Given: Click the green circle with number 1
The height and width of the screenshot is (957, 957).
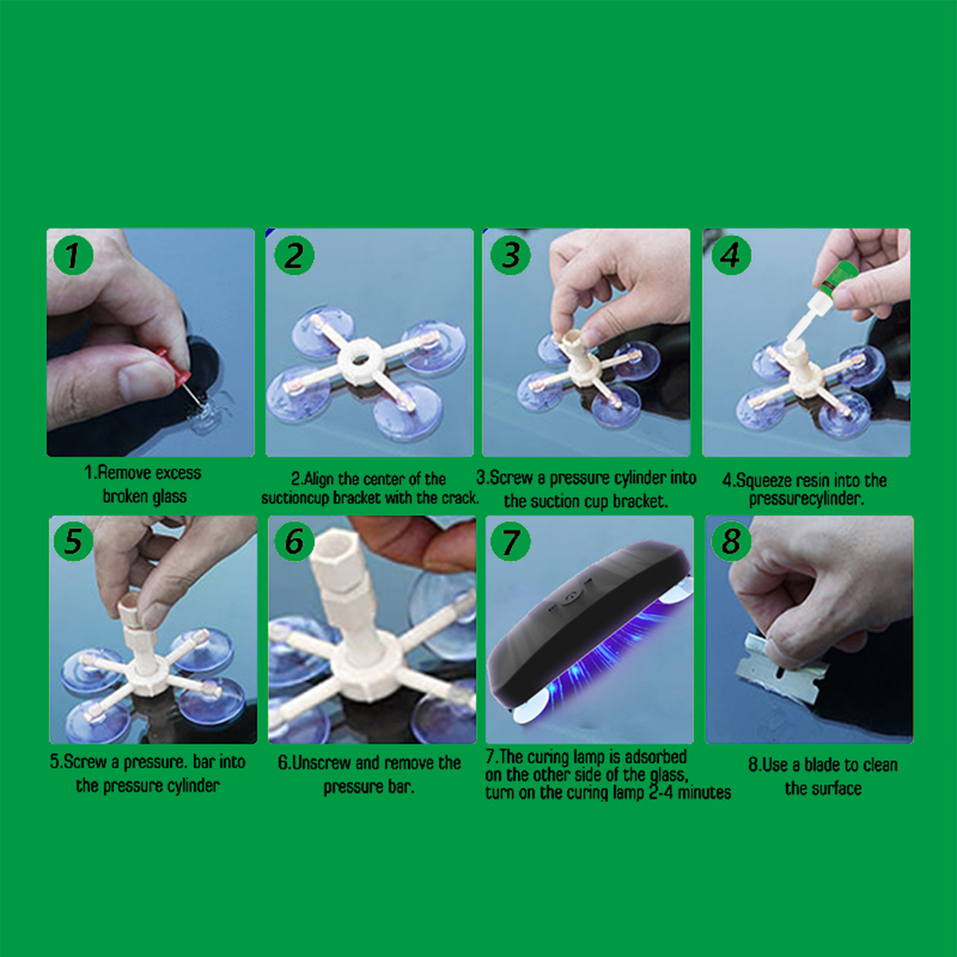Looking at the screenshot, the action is tap(73, 255).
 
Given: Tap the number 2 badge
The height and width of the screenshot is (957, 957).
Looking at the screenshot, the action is tap(294, 255).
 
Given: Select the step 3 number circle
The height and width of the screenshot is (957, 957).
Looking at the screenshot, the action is tap(510, 255).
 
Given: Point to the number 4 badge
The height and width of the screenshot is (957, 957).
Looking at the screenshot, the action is tap(731, 255).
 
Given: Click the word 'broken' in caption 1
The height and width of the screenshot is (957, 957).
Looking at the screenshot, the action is tap(125, 496).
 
